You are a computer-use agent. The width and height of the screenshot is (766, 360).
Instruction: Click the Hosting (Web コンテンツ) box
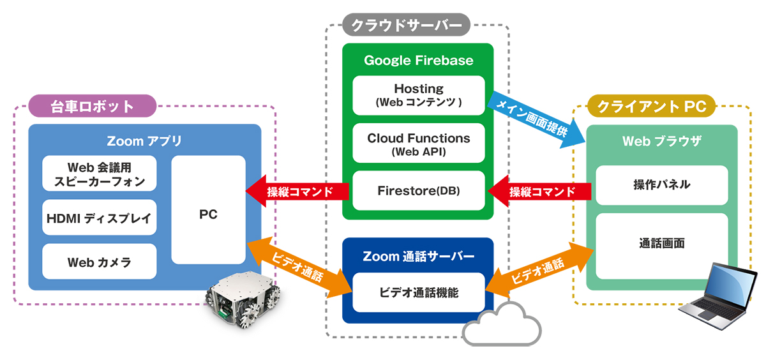click(x=419, y=95)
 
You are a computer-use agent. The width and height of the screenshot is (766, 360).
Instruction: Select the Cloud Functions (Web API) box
click(x=419, y=143)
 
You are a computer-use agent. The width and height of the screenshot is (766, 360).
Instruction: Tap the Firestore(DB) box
click(x=419, y=190)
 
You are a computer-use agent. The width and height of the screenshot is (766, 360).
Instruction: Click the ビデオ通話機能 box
click(x=419, y=292)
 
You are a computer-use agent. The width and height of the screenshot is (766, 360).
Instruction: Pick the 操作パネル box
click(x=662, y=185)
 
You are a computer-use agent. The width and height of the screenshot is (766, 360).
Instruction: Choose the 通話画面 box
click(x=662, y=246)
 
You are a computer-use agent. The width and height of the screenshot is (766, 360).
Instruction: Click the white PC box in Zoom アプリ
click(x=208, y=209)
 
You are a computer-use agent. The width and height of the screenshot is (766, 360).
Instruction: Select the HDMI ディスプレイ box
click(x=99, y=218)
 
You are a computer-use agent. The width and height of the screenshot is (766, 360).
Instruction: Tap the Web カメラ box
click(x=99, y=262)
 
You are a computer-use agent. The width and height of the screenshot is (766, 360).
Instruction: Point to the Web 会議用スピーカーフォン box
click(x=99, y=174)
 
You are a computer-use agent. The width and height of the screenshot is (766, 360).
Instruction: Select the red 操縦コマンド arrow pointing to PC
click(x=297, y=191)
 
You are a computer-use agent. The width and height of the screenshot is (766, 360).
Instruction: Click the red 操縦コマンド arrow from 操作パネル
click(x=539, y=191)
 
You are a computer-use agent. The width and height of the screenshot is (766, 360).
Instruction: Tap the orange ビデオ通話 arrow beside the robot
click(x=299, y=267)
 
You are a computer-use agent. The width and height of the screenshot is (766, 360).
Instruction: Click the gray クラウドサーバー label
click(x=406, y=25)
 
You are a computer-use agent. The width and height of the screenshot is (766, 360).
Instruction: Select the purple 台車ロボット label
click(x=93, y=106)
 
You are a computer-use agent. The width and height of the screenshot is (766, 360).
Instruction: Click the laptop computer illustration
click(x=718, y=296)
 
